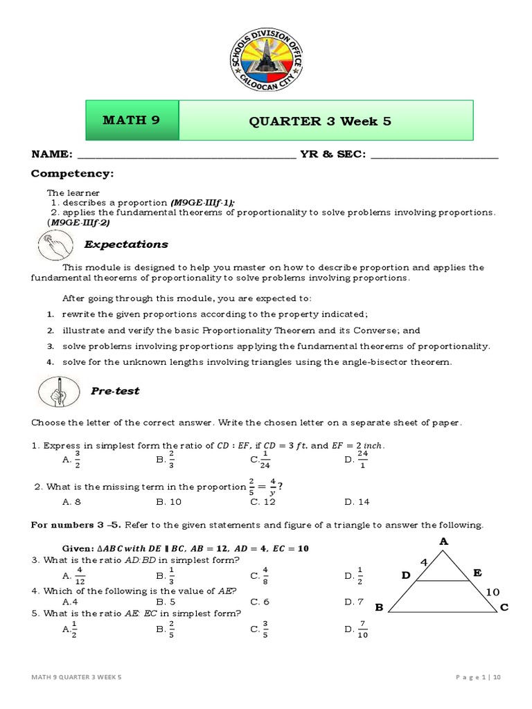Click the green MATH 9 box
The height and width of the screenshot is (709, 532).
tap(132, 120)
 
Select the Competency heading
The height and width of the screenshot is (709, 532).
tap(71, 173)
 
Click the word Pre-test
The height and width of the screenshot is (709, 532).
tap(115, 391)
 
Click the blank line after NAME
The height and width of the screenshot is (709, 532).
tap(186, 155)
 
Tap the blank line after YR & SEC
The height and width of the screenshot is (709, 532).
tap(434, 155)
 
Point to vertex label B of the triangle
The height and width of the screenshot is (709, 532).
tap(379, 607)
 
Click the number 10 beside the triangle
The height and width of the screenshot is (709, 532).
tap(492, 592)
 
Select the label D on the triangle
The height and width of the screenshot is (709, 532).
tap(406, 575)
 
